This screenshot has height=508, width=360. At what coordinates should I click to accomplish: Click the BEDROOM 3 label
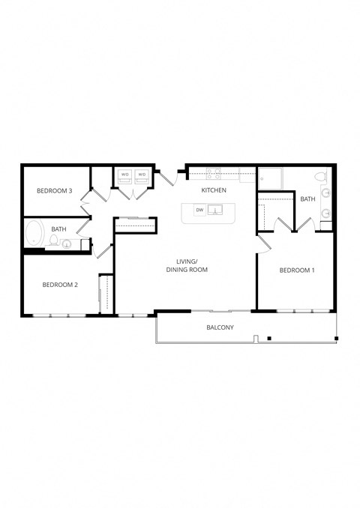point(54,191)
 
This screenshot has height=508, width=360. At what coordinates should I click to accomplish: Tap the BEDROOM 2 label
point(60,284)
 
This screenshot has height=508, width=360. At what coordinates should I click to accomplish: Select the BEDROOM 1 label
point(297,270)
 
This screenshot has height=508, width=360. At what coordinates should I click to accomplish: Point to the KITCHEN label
point(214,191)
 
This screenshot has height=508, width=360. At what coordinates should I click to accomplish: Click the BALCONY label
point(220,327)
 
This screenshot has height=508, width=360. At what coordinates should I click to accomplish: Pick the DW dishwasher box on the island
point(199,211)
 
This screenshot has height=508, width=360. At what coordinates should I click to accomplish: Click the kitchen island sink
point(218,211)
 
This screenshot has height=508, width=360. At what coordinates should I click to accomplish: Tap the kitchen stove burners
point(213,175)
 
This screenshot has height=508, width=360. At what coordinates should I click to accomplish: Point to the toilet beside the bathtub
point(53,241)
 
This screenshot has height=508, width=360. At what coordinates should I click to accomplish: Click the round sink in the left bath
point(66,244)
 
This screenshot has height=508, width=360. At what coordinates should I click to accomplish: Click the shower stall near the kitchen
point(270,178)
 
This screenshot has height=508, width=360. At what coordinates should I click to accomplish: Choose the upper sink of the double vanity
point(326,193)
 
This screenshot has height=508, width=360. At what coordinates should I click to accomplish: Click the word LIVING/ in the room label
point(187,261)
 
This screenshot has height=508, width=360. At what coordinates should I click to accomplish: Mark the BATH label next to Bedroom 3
point(58,229)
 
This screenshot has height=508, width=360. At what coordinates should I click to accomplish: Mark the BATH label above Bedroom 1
point(307,199)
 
